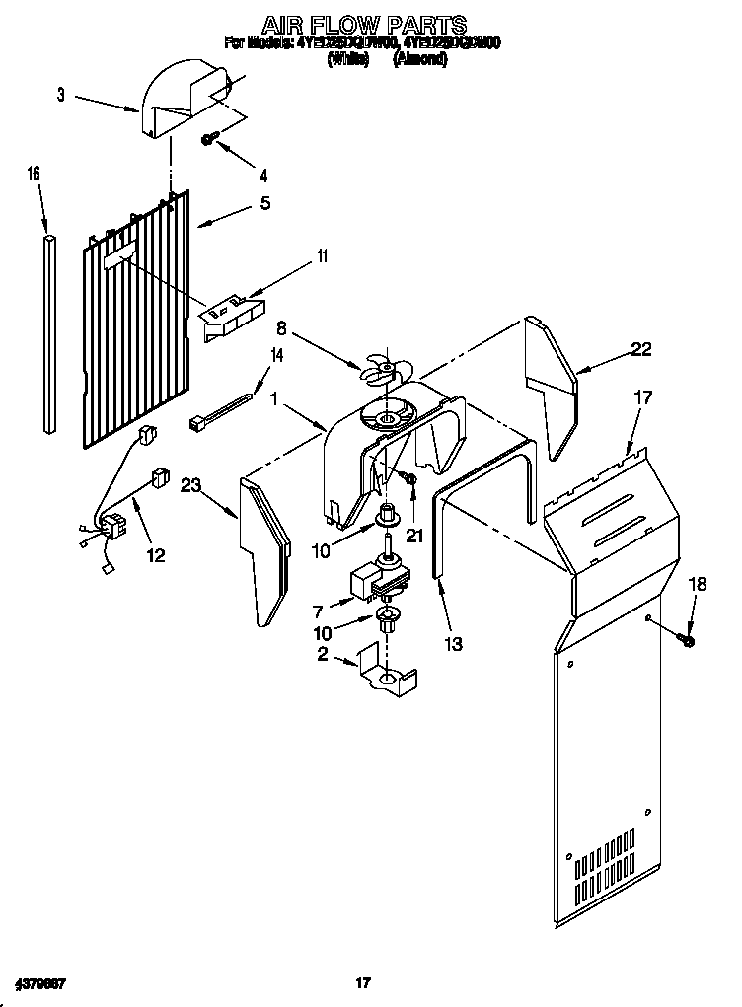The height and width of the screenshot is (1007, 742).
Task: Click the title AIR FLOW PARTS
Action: [363, 24]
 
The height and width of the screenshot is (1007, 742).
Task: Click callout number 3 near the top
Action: [61, 95]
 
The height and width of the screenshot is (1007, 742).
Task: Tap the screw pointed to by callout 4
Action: [210, 140]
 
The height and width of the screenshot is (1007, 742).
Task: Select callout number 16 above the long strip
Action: [34, 174]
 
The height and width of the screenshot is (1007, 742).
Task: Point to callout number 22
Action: [641, 348]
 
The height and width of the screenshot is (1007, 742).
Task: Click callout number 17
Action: [643, 398]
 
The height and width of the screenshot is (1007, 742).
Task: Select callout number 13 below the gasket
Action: [453, 644]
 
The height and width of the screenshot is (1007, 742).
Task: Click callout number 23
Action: [191, 484]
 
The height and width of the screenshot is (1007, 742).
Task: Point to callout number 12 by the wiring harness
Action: [156, 555]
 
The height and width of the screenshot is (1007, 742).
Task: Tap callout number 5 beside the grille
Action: [264, 204]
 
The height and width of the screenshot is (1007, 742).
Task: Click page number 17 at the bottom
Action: [362, 982]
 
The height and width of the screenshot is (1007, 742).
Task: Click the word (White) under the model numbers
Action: [347, 59]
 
